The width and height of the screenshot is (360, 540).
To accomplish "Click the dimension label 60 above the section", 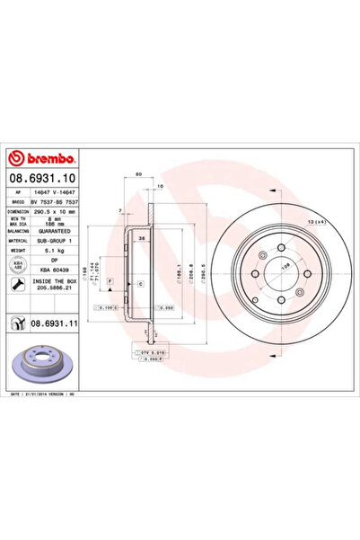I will coord(139,173).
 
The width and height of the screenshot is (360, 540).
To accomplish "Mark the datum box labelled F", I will coord(110,282).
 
